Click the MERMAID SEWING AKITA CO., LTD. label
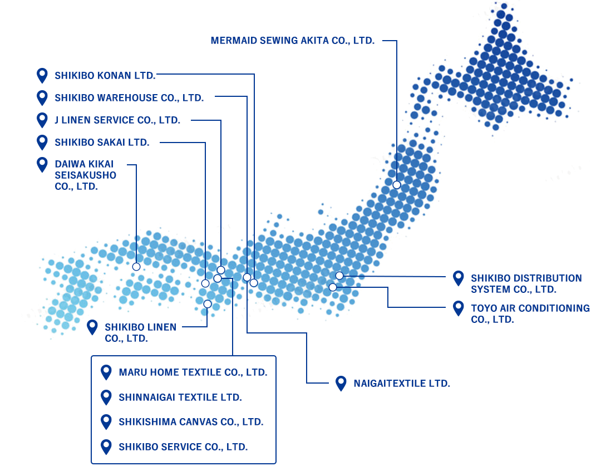tap(292, 41)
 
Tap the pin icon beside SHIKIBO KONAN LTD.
tap(42, 75)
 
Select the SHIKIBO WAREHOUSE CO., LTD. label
tap(129, 98)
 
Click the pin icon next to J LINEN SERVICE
tap(42, 120)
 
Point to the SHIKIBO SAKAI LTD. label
tap(102, 143)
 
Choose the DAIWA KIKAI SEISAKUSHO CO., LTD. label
tap(85, 175)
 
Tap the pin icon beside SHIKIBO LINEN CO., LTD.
tap(92, 327)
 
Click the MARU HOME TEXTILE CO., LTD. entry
tap(193, 372)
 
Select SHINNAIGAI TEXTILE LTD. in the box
tap(180, 398)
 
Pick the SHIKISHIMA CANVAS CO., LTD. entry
tap(191, 422)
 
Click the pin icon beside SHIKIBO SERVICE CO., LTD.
tap(106, 447)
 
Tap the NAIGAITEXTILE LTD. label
tap(401, 384)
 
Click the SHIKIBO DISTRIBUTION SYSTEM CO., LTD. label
tap(526, 283)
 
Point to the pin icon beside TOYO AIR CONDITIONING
tap(459, 308)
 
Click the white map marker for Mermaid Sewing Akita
tap(397, 185)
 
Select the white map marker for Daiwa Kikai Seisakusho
tap(136, 267)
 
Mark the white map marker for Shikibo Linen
tap(208, 304)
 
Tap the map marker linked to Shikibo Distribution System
tap(339, 276)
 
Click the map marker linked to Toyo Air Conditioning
tap(333, 287)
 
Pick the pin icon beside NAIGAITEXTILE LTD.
tap(341, 383)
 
